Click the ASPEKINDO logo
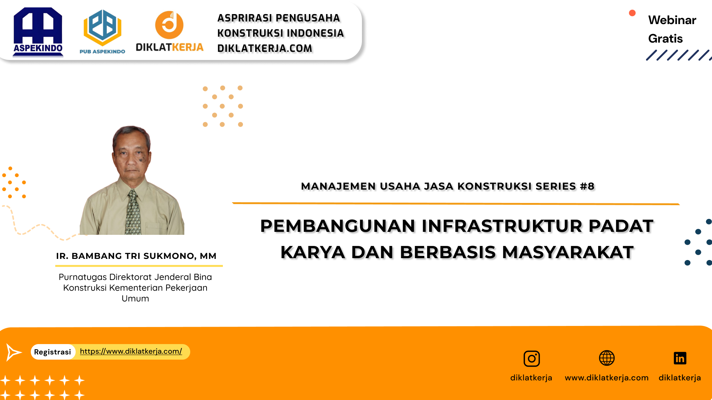pos(38,32)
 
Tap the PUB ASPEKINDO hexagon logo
pos(102,28)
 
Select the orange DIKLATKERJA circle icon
pos(169,25)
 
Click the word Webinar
pos(672,20)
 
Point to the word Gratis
pos(665,39)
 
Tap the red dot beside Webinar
pos(632,13)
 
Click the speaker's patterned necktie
pos(133,213)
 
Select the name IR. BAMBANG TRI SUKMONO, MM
pos(136,256)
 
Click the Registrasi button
pos(53,352)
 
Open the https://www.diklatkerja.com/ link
pos(131,351)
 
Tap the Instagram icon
pos(531,359)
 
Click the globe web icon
pos(607,358)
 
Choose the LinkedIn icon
pos(680,358)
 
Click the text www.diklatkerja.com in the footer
pos(606,378)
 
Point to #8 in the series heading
pos(587,186)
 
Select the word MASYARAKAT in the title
pos(568,252)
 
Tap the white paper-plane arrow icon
pos(14,352)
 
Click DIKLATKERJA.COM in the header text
pos(265,49)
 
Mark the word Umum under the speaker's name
pos(135,299)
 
